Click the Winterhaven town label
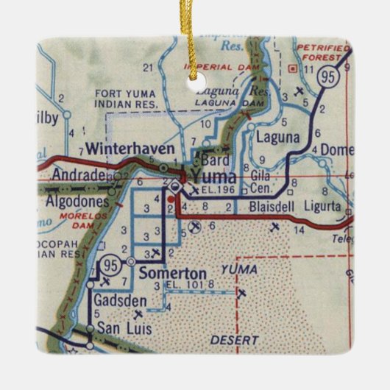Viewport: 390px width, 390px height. tap(130, 149)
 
